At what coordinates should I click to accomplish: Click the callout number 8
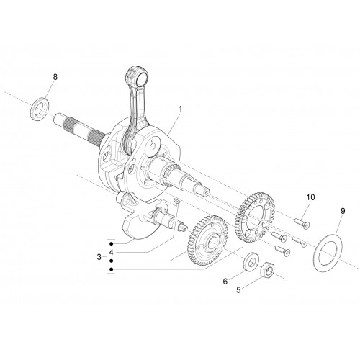tap(55, 77)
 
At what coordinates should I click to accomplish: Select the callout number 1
tap(180, 109)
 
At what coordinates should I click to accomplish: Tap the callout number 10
tap(310, 197)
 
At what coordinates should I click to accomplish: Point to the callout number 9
tap(343, 211)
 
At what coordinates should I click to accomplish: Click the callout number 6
tap(225, 282)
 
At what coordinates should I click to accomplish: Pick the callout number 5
tap(238, 290)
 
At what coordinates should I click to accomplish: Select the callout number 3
tap(99, 257)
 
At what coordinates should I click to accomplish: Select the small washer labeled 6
tap(251, 261)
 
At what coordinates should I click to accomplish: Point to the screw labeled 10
tap(302, 222)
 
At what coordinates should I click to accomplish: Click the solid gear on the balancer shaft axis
tap(208, 240)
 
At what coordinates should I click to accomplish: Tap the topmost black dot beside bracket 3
tap(111, 244)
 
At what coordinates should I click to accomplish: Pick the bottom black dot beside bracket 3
tap(111, 269)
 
